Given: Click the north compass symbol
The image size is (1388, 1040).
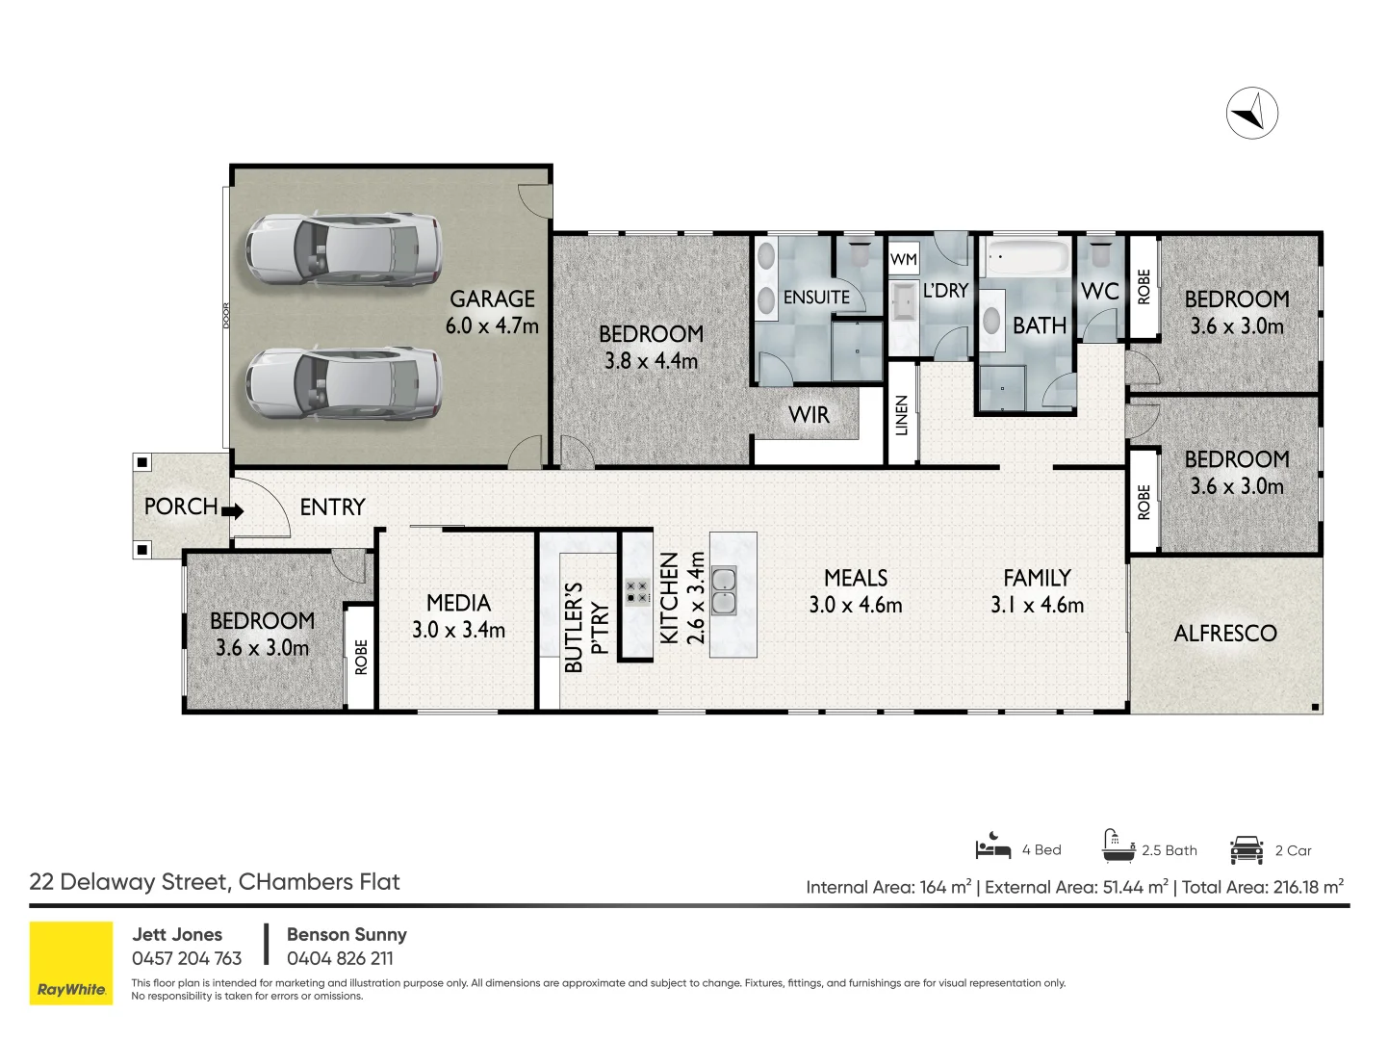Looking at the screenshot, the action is click(1251, 114).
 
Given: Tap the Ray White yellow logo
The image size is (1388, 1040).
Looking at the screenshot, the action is click(71, 963).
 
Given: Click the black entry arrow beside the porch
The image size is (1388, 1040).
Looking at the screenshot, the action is click(233, 510).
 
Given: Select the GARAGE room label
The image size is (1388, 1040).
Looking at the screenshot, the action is click(492, 299).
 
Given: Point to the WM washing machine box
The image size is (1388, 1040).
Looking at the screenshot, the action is click(903, 259).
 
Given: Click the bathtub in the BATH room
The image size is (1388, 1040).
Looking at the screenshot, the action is click(1028, 258).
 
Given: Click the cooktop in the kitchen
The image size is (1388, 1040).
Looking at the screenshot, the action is click(637, 592).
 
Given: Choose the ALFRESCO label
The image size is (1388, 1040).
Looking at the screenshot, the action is click(1225, 634).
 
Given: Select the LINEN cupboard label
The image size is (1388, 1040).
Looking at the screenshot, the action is click(902, 415).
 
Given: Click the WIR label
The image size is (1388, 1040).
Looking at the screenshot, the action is click(809, 415).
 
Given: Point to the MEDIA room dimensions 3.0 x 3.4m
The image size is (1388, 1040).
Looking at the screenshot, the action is click(458, 630).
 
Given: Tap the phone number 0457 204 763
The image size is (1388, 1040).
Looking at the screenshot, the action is click(187, 958).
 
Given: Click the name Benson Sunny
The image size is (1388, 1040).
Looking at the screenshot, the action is click(347, 934).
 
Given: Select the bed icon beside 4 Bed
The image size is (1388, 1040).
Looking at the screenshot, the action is click(992, 845).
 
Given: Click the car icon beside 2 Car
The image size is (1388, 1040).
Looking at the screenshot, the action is click(1247, 849).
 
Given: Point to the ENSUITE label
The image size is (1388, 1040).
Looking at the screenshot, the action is click(816, 298).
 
